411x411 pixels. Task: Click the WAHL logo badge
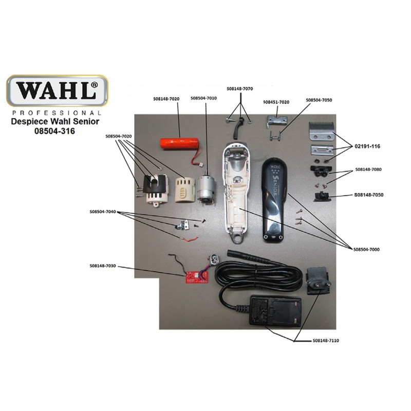[57, 90]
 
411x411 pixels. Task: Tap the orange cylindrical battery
[179, 143]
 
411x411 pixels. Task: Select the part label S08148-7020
[166, 99]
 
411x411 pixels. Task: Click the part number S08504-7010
[203, 98]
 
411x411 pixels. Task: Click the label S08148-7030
[102, 266]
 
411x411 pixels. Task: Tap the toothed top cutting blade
[322, 131]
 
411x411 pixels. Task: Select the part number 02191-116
[367, 146]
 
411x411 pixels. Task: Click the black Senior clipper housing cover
[273, 200]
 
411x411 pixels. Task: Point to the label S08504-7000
[366, 250]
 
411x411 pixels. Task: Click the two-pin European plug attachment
[317, 281]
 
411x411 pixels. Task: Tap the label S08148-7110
[326, 341]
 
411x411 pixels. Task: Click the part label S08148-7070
[240, 89]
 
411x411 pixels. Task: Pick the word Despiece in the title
[30, 122]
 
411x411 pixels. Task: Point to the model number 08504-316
[55, 131]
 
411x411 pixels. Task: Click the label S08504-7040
[103, 212]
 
